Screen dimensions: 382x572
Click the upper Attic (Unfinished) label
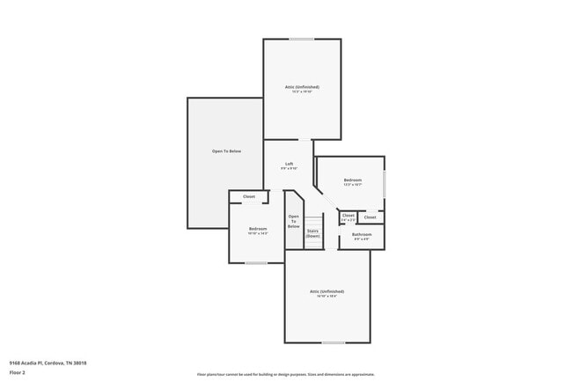click(x=302, y=87)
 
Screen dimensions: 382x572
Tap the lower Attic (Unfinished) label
click(x=326, y=291)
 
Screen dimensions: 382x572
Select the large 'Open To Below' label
click(x=225, y=151)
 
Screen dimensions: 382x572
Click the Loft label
click(x=289, y=164)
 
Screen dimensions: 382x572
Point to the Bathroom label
click(x=362, y=234)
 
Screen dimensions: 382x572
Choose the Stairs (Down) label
click(x=312, y=233)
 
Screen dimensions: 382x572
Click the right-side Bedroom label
click(x=352, y=180)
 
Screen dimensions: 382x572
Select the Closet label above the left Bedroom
click(x=249, y=196)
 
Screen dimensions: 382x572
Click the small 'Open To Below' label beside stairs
click(x=294, y=221)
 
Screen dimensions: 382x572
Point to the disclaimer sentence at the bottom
click(x=286, y=374)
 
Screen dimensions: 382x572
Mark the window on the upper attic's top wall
click(x=302, y=39)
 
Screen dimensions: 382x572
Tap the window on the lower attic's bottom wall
click(x=334, y=342)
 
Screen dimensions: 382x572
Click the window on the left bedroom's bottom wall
click(x=256, y=262)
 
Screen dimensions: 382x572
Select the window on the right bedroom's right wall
click(x=385, y=184)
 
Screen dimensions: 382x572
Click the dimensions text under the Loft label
click(x=289, y=168)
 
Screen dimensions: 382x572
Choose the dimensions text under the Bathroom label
click(x=362, y=239)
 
